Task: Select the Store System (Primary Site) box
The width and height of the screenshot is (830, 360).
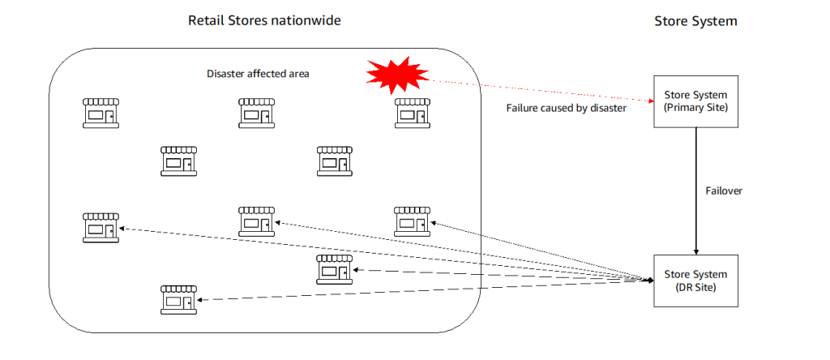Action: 695,101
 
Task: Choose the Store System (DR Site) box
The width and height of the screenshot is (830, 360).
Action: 695,281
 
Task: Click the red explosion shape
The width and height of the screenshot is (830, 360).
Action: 396,74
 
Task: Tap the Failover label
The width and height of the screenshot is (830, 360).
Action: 725,191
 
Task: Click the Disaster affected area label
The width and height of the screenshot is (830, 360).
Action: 258,74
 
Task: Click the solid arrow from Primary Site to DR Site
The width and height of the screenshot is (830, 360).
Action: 695,186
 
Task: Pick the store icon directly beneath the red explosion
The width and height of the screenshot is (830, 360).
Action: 412,113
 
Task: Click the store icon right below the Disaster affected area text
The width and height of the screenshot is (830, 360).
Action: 256,113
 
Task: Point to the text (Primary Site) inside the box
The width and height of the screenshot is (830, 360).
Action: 695,107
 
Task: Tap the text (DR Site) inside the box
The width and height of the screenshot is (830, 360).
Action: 695,287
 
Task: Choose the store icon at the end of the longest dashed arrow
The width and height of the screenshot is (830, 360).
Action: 101,227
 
